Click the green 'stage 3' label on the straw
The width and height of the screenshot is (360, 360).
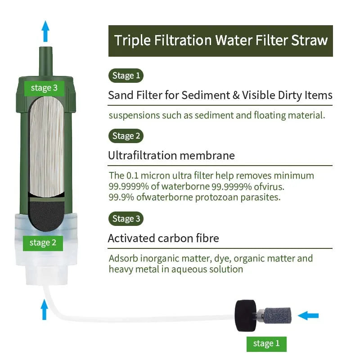44,88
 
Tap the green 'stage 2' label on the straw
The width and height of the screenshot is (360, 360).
43,243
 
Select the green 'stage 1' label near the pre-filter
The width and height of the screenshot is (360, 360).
266,344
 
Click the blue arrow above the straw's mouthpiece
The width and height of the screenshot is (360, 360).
45,31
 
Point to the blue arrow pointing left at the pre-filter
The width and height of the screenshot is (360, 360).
308,315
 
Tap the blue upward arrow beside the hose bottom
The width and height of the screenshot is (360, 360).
44,310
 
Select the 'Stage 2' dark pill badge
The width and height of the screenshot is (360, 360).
126,136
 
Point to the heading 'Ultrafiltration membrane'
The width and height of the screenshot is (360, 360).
171,156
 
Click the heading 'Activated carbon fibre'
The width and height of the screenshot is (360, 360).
163,238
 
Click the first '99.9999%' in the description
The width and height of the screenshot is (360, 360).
126,186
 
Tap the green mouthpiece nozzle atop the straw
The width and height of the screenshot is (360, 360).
45,60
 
